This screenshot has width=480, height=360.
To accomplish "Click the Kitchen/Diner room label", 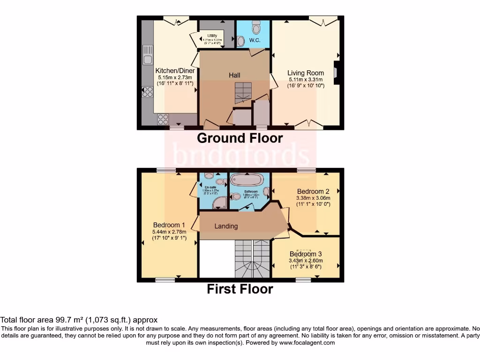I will coord(175,71).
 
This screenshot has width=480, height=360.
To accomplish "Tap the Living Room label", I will coord(306,73).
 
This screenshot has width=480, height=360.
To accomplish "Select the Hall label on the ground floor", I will coord(234,75).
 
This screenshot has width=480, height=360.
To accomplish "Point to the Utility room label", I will coord(212,36).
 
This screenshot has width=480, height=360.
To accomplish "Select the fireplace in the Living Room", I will coord(337,73).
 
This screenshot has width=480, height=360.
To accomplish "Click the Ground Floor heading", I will coord(240,138).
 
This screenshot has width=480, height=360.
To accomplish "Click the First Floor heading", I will coord(240,289).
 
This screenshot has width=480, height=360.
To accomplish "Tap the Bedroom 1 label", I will coord(169,225).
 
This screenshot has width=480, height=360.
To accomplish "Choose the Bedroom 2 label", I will coord(313,191).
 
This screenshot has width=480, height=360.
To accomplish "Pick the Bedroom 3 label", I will coord(306,254).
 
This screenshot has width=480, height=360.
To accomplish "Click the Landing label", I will coord(226,226).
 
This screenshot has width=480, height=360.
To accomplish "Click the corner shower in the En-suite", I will coord(220,202).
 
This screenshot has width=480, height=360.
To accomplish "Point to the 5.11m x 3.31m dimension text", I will coord(306,80).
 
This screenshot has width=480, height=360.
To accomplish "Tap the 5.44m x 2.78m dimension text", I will coord(169,232).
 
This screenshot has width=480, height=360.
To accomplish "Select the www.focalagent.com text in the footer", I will coord(307,343).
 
